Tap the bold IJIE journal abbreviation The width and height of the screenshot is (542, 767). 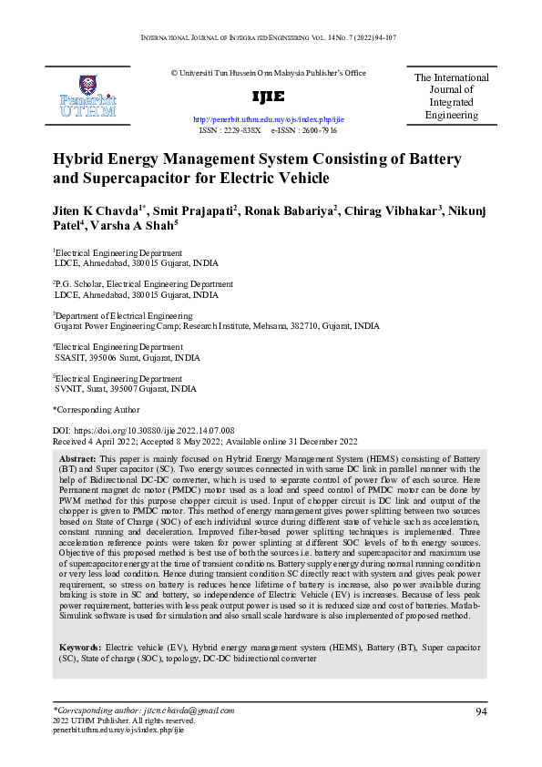click(268, 97)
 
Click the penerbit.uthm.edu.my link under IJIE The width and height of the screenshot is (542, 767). click(269, 119)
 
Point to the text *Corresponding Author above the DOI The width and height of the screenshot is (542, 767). click(96, 410)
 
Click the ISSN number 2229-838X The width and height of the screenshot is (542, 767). click(242, 131)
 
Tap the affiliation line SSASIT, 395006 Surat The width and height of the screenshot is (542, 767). click(127, 358)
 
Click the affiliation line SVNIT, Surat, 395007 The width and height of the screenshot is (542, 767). click(125, 388)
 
